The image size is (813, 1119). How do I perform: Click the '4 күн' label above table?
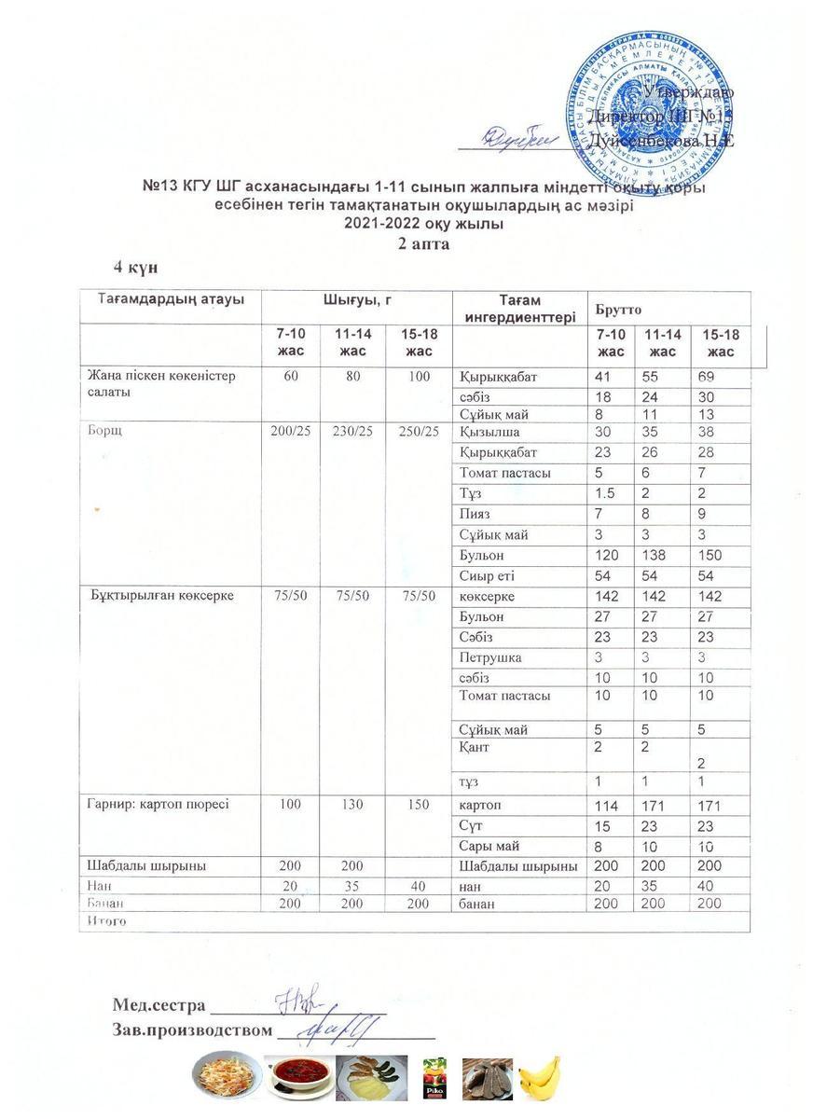[x=135, y=267]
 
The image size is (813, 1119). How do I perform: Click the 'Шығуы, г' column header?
[x=355, y=300]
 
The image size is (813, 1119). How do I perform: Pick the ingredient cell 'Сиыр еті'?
[x=488, y=575]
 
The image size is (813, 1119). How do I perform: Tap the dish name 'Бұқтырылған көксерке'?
[x=161, y=596]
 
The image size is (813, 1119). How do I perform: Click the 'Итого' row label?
[x=105, y=920]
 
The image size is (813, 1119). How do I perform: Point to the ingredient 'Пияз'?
[x=476, y=514]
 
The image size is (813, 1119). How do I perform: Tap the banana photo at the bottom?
[x=540, y=1079]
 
